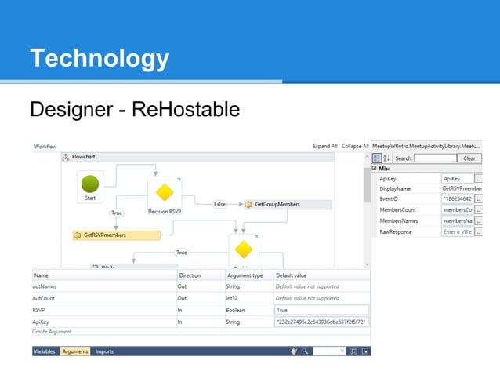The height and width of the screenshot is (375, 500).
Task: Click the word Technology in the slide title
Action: pos(99,58)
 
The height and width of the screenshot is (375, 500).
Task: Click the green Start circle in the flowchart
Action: pos(90,184)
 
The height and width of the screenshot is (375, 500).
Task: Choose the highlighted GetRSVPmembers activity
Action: pos(116,235)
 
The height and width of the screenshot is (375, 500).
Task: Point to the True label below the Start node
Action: pos(117,213)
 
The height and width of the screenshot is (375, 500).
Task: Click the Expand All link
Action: pos(324,147)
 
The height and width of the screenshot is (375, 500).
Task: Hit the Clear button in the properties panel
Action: pos(469,158)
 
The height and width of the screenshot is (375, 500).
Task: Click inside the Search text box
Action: pos(435,158)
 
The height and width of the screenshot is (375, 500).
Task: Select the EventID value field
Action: pos(457,199)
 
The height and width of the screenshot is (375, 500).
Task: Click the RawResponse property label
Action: pos(398,232)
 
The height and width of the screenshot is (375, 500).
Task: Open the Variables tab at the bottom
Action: pos(44,351)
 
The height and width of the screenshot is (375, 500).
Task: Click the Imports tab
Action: pos(104,351)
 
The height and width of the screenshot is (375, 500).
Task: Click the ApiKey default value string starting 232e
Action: pos(321,322)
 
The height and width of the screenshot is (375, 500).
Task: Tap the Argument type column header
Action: pos(245,275)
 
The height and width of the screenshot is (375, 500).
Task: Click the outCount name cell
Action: pos(47,298)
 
